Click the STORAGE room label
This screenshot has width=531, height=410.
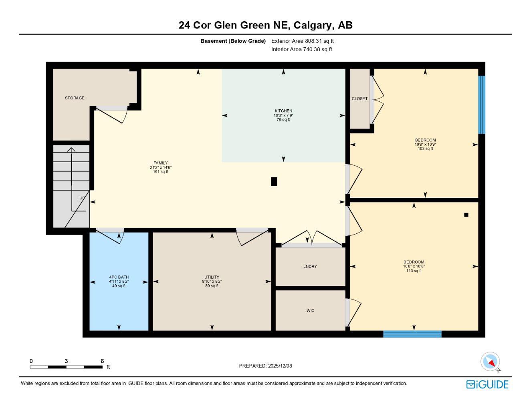tap(75, 98)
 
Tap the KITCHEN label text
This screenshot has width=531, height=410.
tap(283, 111)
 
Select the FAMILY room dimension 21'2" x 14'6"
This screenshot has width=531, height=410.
tap(161, 167)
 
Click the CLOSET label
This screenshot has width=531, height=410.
tap(359, 99)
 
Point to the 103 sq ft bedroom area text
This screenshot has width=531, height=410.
tap(425, 149)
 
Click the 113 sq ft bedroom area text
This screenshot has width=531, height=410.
tap(414, 271)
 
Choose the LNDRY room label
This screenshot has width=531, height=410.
tap(310, 267)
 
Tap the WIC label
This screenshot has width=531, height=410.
tap(310, 311)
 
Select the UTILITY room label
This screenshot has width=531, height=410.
tap(212, 277)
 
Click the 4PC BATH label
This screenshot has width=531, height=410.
tap(119, 277)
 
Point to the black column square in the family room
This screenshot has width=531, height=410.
tap(274, 181)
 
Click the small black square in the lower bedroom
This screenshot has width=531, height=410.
tap(466, 215)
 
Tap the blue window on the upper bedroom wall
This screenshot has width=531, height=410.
tap(482, 105)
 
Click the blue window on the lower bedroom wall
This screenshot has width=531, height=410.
tap(412, 334)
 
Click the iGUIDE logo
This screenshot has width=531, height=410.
tap(487, 384)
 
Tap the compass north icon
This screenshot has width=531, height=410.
tap(490, 362)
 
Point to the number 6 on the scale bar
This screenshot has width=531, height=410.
tap(102, 361)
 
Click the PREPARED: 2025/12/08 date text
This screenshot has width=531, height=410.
tap(265, 366)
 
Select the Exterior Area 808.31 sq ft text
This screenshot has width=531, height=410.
tap(302, 41)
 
